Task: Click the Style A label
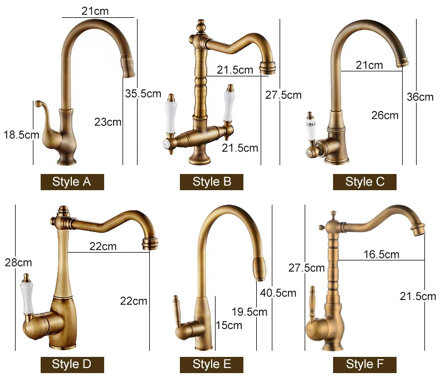click(72, 182)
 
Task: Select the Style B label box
click(212, 182)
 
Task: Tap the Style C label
click(364, 182)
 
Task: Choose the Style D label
click(72, 365)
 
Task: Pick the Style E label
click(212, 365)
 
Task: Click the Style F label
click(364, 365)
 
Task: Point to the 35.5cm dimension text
click(143, 94)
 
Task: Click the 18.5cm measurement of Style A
click(21, 135)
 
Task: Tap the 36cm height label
click(420, 97)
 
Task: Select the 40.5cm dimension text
click(278, 293)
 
